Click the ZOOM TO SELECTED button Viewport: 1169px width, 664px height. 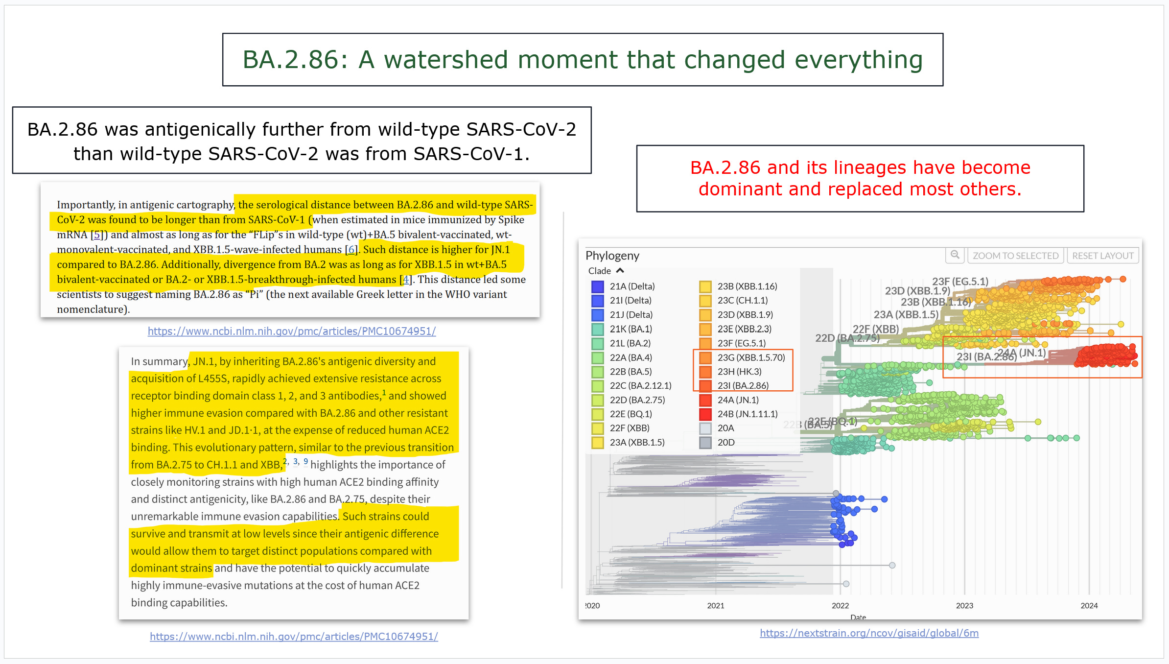click(x=1015, y=256)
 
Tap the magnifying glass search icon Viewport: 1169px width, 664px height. click(x=955, y=255)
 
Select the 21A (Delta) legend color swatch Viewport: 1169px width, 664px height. click(x=597, y=286)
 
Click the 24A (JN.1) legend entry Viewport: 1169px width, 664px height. click(x=738, y=400)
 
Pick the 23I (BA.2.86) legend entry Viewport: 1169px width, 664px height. click(x=743, y=386)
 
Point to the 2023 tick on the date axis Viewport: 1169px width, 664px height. click(x=964, y=605)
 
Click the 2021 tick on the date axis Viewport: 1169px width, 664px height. click(x=715, y=605)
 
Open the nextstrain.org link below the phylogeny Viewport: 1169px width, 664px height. click(x=869, y=633)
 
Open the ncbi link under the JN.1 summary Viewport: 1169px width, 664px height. click(x=294, y=636)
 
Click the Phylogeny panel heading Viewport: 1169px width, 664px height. click(x=612, y=256)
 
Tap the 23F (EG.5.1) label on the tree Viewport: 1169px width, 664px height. click(x=960, y=282)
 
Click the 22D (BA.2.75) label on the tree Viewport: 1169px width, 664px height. click(x=847, y=338)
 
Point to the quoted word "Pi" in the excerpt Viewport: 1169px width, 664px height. click(x=255, y=294)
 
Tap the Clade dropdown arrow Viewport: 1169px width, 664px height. click(x=620, y=271)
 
